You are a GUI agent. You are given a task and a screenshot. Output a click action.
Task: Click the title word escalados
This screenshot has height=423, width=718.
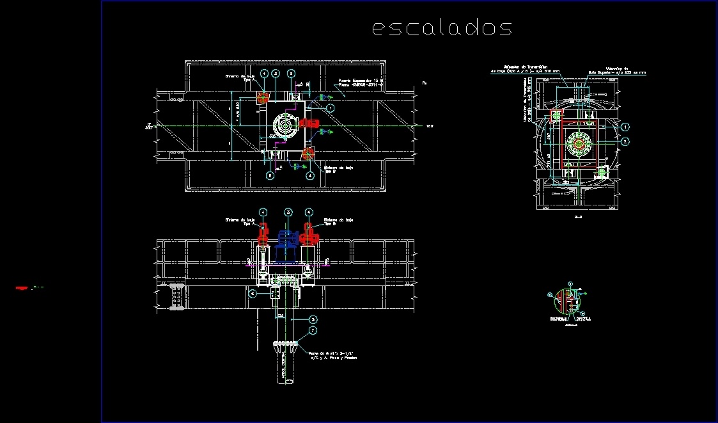[442, 28]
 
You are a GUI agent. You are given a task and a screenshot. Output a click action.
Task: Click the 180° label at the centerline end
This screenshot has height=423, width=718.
[430, 126]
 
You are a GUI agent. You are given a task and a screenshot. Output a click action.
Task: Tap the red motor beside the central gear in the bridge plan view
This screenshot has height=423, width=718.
[310, 124]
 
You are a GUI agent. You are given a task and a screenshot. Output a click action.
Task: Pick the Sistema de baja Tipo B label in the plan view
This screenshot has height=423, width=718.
[338, 169]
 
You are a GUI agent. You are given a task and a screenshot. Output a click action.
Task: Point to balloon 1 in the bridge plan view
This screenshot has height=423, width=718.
[331, 109]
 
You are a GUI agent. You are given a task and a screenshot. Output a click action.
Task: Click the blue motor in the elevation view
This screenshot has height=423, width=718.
[288, 239]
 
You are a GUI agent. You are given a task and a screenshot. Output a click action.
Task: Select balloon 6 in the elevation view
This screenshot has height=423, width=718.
[253, 294]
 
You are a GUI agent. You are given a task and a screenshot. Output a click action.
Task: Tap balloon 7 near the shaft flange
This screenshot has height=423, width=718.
[313, 331]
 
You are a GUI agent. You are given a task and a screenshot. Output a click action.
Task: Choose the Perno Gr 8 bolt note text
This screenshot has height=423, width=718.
[331, 355]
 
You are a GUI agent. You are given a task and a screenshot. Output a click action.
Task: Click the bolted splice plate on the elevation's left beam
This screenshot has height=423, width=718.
[176, 298]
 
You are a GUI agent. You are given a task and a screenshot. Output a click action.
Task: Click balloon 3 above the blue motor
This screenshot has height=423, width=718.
[288, 212]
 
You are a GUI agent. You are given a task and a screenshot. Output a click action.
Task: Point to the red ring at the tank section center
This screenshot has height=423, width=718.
[579, 143]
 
